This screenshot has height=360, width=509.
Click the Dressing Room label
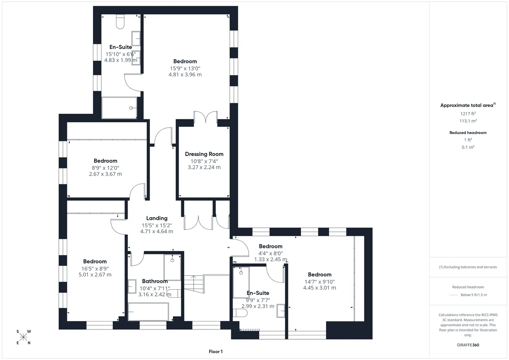[x=204, y=154]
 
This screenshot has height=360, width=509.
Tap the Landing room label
[x=157, y=219]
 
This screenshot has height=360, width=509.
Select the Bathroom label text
[x=155, y=281]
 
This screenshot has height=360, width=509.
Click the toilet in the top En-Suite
[x=120, y=21]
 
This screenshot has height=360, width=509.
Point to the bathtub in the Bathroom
[x=148, y=312]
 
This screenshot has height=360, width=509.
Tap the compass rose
[x=23, y=337]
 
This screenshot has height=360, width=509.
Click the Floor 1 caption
[x=216, y=352]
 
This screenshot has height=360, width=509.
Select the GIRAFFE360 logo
[x=468, y=345]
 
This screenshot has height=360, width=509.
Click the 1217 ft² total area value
[x=468, y=114]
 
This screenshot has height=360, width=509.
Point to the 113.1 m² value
[x=468, y=121]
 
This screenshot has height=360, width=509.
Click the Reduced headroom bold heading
[x=468, y=133]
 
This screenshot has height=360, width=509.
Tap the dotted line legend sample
[x=454, y=295]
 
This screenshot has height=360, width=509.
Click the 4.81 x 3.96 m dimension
[x=185, y=75]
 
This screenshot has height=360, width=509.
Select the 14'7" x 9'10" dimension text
[x=319, y=282]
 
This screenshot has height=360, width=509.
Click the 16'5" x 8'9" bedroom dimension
[x=95, y=269]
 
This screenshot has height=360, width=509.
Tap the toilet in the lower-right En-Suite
[x=240, y=313]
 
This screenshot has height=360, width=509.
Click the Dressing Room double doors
[x=206, y=117]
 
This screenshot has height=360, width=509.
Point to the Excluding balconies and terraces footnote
[x=468, y=267]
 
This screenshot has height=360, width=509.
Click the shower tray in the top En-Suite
[x=119, y=108]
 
